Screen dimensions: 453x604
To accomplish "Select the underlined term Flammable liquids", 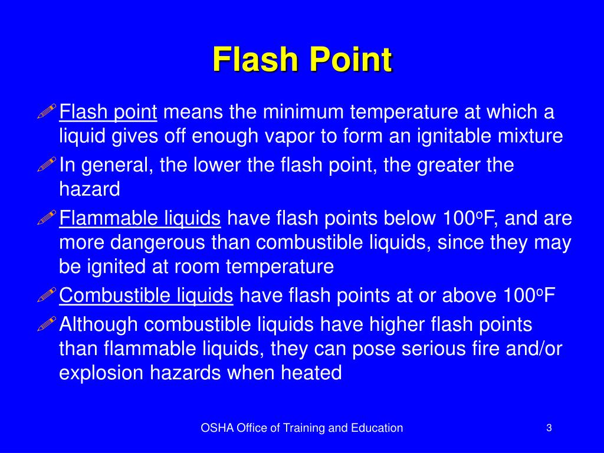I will pos(140,218).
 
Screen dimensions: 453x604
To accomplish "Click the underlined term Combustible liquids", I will pos(146,295).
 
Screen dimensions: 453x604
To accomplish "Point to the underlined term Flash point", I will pos(109,111).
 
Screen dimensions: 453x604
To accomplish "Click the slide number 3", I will pos(549,428).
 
